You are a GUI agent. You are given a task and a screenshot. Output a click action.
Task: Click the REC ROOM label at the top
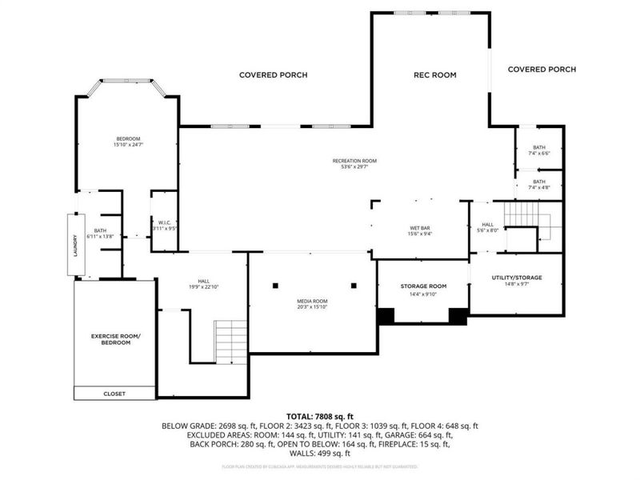pyautogui.click(x=434, y=75)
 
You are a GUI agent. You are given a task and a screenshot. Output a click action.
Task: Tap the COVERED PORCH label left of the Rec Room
pyautogui.click(x=273, y=75)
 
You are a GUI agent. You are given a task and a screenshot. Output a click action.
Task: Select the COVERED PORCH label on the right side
pyautogui.click(x=542, y=70)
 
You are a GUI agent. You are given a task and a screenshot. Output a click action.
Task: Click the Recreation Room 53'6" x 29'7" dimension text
pyautogui.click(x=354, y=164)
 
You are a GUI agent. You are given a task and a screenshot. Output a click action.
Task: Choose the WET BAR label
pyautogui.click(x=420, y=230)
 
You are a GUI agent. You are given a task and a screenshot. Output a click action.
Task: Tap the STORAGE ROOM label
pyautogui.click(x=423, y=286)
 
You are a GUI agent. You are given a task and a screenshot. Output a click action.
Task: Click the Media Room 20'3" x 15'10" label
pyautogui.click(x=312, y=303)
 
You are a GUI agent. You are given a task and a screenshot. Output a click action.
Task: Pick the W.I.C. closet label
pyautogui.click(x=163, y=226)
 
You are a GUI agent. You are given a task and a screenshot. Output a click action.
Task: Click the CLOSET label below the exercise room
pyautogui.click(x=114, y=394)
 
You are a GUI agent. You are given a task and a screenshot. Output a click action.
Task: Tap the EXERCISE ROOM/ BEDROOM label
pyautogui.click(x=114, y=339)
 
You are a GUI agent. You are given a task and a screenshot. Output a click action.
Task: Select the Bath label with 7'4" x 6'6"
pyautogui.click(x=539, y=150)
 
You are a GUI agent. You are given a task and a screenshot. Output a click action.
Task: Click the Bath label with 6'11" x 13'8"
pyautogui.click(x=100, y=234)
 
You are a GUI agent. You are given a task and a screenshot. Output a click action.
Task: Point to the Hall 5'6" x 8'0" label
pyautogui.click(x=486, y=228)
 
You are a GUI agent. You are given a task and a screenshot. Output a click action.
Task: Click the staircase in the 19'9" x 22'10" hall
pyautogui.click(x=231, y=342)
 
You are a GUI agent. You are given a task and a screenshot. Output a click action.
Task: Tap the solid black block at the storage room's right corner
pyautogui.click(x=458, y=315)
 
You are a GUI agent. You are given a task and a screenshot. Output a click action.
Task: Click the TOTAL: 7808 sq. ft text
pyautogui.click(x=320, y=417)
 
